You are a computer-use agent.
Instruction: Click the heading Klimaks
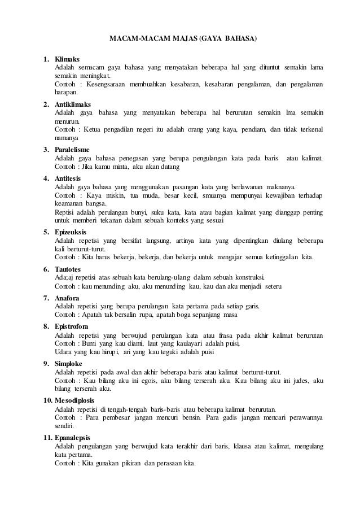coord(67,59)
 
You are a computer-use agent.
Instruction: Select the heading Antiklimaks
coord(72,104)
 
